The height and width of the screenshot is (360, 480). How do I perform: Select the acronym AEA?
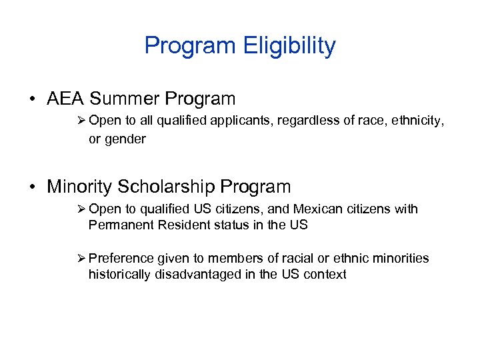[x=66, y=99]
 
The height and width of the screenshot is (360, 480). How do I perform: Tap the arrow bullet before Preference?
[x=81, y=258]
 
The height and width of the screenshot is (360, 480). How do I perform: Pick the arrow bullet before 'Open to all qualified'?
[x=81, y=121]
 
